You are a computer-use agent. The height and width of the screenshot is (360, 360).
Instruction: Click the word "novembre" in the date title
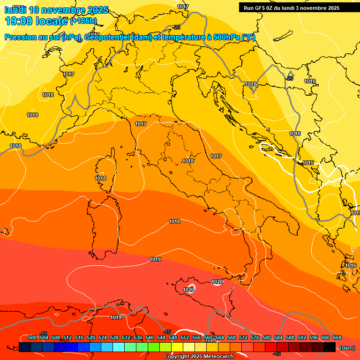click(x=63, y=10)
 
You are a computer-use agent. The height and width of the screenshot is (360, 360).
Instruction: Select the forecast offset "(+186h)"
click(x=83, y=21)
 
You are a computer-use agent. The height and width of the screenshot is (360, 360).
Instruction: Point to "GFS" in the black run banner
click(x=261, y=8)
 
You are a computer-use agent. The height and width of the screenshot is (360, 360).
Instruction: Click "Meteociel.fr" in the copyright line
click(x=215, y=357)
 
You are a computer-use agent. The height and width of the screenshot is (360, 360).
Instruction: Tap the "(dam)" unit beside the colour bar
click(x=347, y=348)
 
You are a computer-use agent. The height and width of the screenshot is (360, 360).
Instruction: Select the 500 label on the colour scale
click(x=32, y=338)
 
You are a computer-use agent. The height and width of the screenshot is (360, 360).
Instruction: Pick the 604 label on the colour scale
click(x=337, y=338)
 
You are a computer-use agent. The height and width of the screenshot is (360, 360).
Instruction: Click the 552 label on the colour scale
click(x=185, y=338)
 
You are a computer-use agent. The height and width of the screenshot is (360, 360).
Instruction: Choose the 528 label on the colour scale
click(x=114, y=338)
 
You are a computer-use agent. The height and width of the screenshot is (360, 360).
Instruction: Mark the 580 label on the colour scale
click(x=267, y=338)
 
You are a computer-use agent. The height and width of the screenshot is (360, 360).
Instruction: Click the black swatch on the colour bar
click(x=330, y=347)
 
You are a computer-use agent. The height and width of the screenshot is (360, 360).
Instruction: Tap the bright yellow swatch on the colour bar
click(x=177, y=347)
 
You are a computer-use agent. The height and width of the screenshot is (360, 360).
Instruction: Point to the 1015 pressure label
click(x=308, y=163)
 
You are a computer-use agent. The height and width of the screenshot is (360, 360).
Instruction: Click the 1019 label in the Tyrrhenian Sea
click(x=155, y=259)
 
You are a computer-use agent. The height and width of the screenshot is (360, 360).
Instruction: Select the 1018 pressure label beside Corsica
click(x=100, y=178)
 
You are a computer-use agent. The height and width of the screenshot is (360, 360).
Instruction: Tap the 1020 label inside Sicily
click(x=188, y=290)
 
